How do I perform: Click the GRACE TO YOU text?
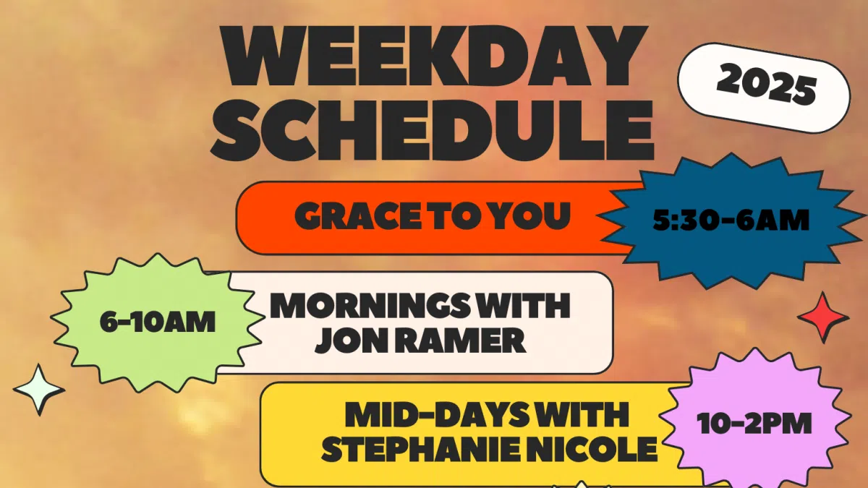pyautogui.click(x=432, y=216)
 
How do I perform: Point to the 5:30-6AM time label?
pyautogui.click(x=731, y=219)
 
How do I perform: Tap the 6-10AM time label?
pyautogui.click(x=158, y=322)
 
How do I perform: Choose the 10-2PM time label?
pyautogui.click(x=754, y=424)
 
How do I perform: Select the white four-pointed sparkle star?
pyautogui.click(x=39, y=389)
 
